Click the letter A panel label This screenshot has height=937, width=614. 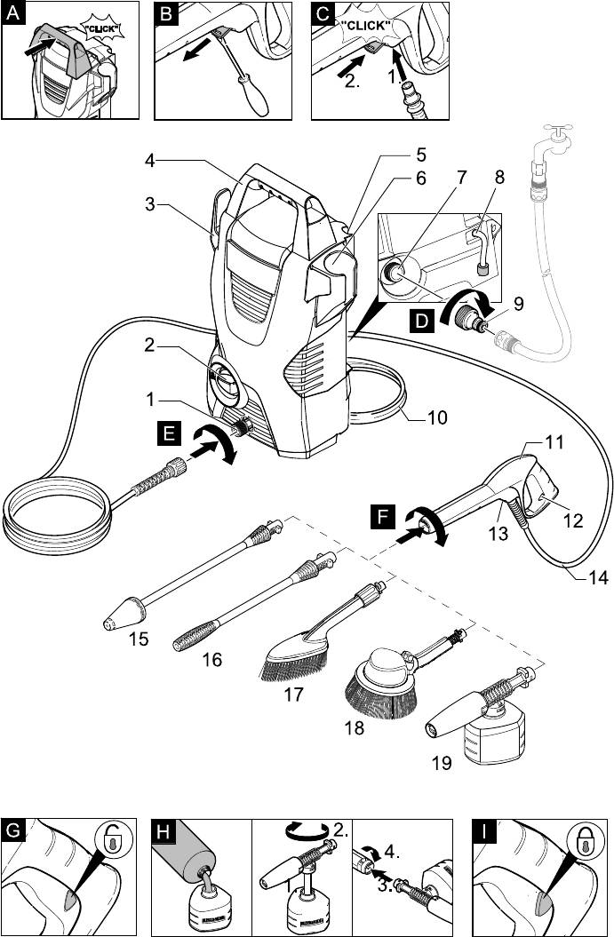pos(12,14)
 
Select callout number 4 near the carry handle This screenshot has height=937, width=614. pos(151,161)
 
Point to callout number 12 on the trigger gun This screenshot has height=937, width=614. pos(572,520)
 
